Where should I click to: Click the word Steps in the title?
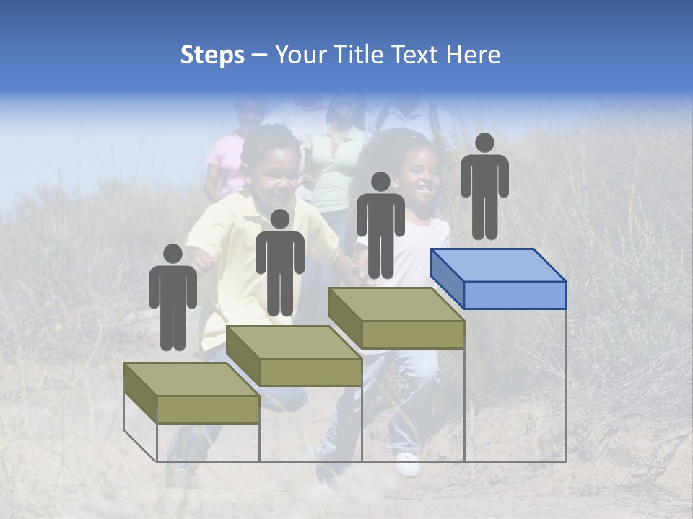212,56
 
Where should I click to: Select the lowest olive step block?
191,393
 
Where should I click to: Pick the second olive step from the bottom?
294,356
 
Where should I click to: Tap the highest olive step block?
396,319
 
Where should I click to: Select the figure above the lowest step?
173,299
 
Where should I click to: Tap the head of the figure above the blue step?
484,143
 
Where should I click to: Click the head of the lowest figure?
173,254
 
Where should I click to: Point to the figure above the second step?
279,265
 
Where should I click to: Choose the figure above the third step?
380,227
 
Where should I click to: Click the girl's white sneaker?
407,464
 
